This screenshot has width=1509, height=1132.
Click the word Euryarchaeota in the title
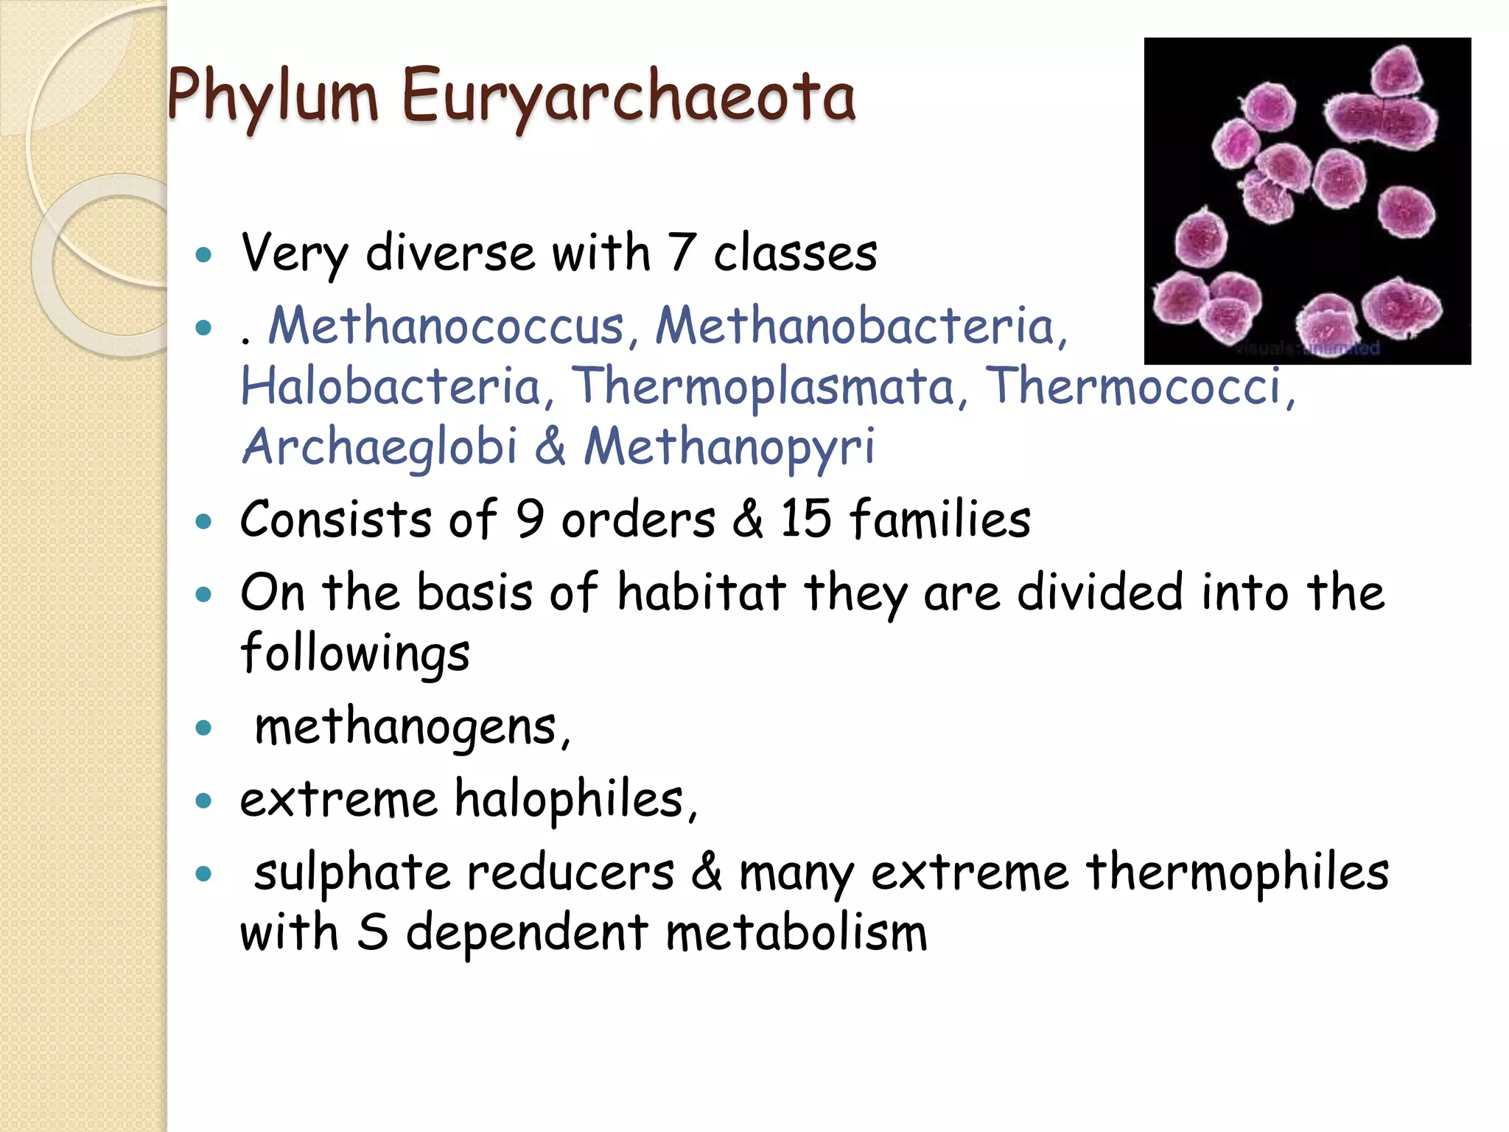(629, 96)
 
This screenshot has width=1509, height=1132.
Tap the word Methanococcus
(446, 326)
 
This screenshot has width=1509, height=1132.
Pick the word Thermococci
(1138, 386)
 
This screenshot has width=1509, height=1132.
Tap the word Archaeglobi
(379, 447)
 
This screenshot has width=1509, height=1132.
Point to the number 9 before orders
(530, 519)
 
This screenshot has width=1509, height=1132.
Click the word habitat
(701, 592)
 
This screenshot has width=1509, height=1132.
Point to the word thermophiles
(1237, 873)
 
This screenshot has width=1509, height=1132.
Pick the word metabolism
(796, 933)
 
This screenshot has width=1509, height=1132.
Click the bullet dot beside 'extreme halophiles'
(204, 800)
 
